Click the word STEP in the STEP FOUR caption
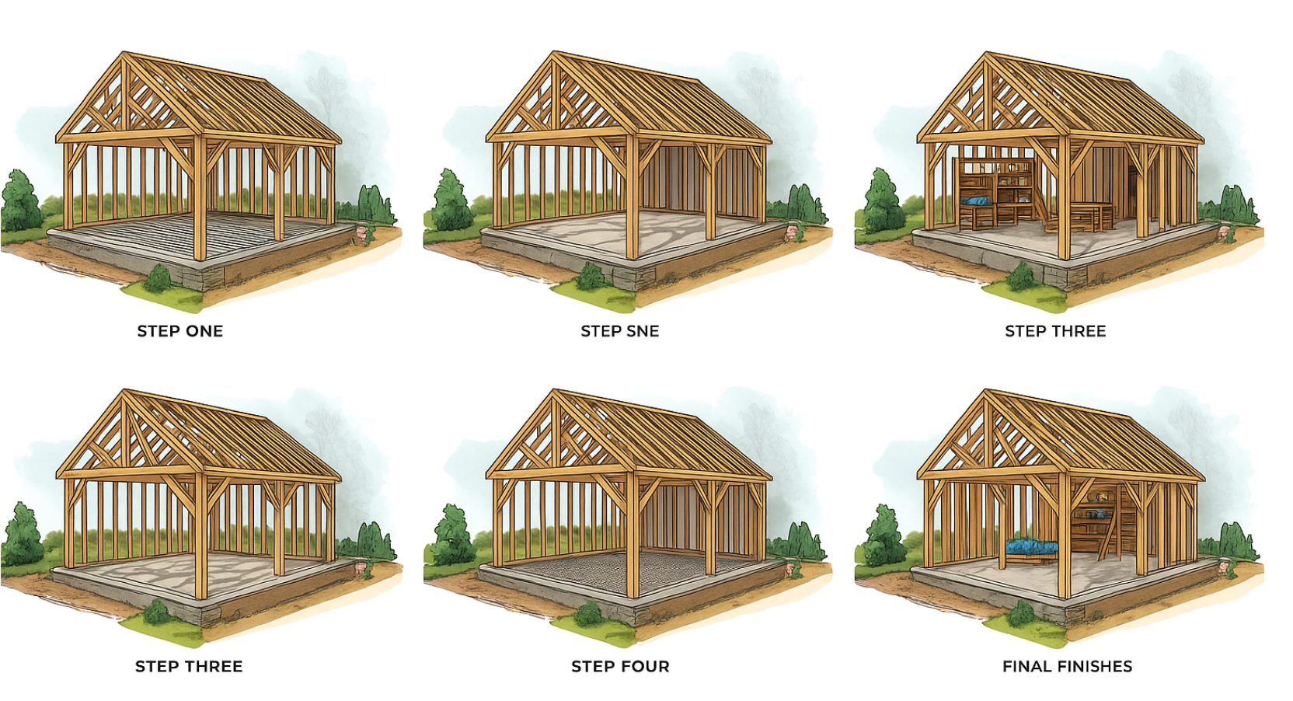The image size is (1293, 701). (x=591, y=667)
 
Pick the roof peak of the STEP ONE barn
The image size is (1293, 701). (x=124, y=53)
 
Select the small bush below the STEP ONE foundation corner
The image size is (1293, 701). (x=157, y=279)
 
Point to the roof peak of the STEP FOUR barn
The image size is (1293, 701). (x=554, y=391)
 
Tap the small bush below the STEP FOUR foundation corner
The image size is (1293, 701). (x=589, y=614)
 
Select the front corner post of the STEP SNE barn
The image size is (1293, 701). (x=632, y=197)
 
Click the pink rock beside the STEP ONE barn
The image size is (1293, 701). (x=364, y=232)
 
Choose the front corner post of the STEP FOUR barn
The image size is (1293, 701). (x=632, y=535)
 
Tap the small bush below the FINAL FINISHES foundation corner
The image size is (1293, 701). (x=1020, y=614)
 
